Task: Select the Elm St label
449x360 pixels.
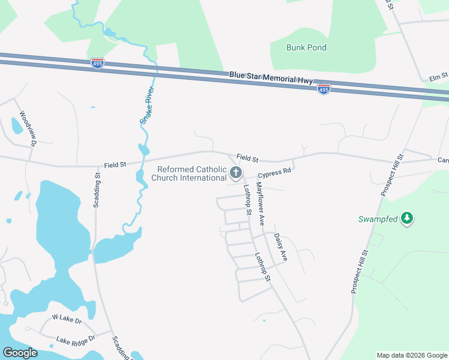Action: click(x=439, y=77)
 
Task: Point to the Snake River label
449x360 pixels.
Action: click(x=148, y=106)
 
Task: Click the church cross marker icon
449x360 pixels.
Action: click(x=236, y=174)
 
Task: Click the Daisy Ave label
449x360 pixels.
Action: click(x=280, y=247)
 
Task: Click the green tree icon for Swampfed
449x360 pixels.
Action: click(x=407, y=218)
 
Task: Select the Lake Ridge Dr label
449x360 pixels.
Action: click(x=76, y=340)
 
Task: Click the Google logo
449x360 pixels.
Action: click(x=20, y=352)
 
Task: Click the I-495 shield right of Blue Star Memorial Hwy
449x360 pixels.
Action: click(x=324, y=89)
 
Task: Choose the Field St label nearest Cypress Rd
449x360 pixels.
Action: click(x=247, y=158)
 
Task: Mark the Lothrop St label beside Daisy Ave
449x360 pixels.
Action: click(x=263, y=266)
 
